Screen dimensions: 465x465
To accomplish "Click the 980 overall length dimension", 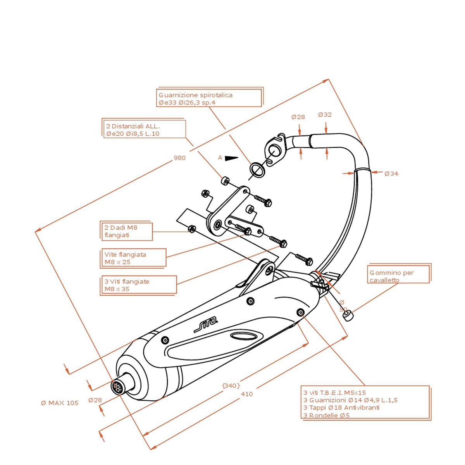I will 179,158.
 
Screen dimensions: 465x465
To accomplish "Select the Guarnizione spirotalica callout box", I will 209,98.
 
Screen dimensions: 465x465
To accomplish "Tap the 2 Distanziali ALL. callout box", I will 144,129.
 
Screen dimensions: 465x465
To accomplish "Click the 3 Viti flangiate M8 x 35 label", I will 138,285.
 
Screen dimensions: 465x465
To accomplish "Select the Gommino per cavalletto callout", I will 398,276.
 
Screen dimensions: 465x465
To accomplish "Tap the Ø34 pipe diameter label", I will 391,174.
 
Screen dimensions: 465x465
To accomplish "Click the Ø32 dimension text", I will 325,115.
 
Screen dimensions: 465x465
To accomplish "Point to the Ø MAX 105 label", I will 60,403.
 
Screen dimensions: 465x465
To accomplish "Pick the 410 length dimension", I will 246,394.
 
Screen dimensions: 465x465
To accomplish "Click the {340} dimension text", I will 231,386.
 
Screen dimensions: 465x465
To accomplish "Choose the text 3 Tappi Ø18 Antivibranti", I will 341,407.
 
